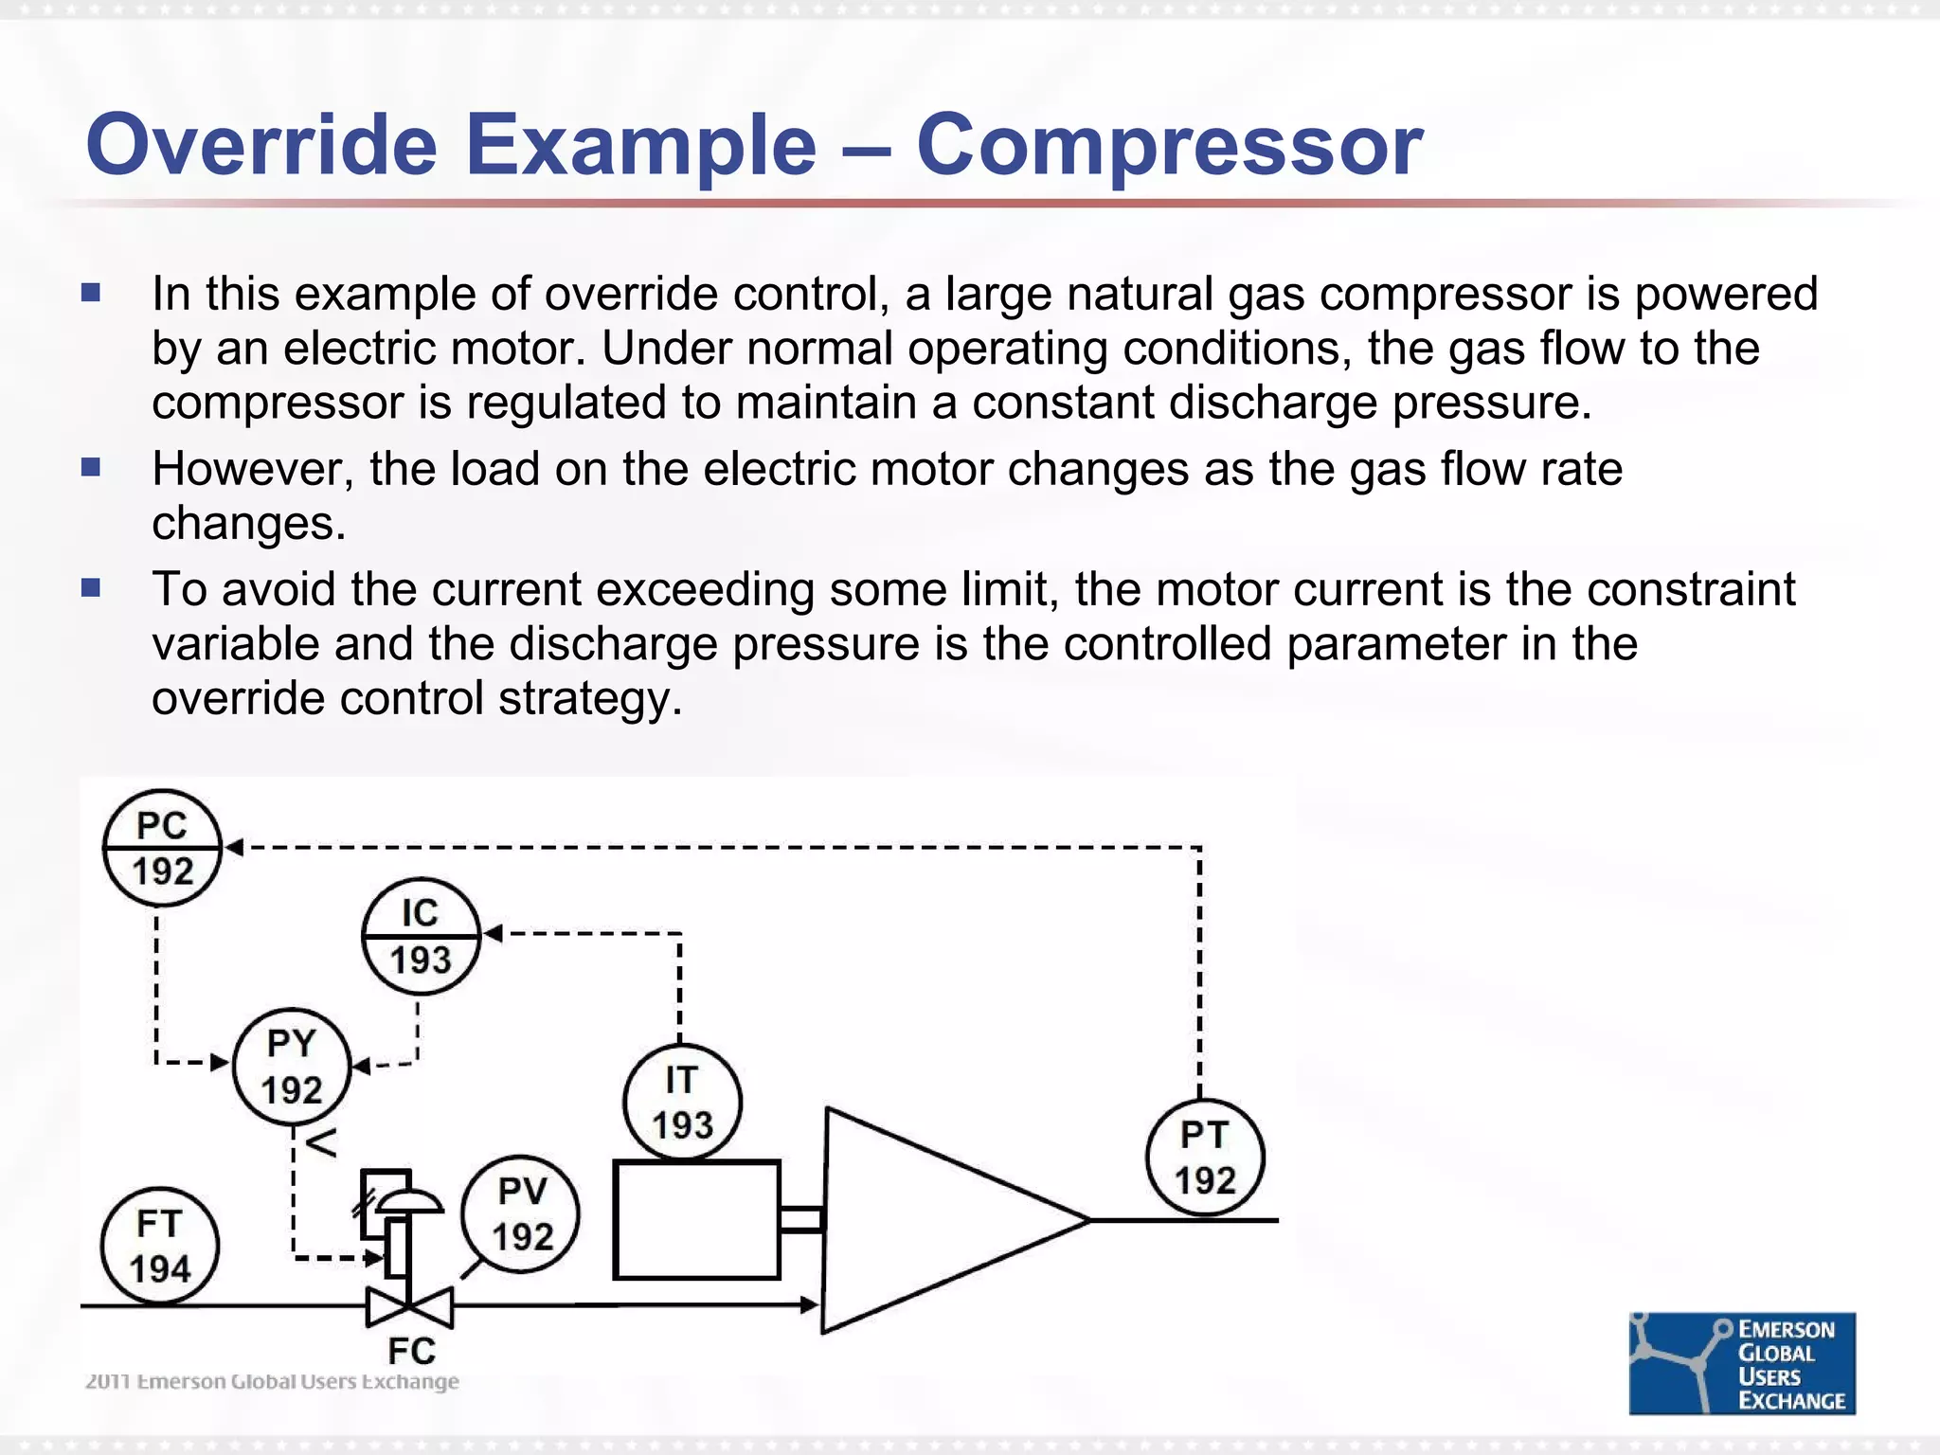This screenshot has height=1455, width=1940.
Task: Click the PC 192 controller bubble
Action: (x=162, y=848)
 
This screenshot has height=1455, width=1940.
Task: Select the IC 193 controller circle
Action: (x=421, y=936)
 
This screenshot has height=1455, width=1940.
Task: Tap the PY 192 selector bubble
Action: (x=292, y=1066)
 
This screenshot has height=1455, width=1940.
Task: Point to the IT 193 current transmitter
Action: (x=682, y=1102)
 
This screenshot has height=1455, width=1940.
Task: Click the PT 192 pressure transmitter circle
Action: (x=1205, y=1157)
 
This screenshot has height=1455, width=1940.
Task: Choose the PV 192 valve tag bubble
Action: (x=521, y=1213)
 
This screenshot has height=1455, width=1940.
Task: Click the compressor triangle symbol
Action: (x=928, y=1220)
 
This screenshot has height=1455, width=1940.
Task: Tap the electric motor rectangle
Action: (x=696, y=1220)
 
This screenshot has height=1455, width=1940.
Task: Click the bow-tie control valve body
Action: (x=409, y=1307)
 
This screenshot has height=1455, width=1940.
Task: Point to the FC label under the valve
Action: (x=411, y=1350)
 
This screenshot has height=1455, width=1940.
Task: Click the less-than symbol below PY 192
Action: (x=322, y=1142)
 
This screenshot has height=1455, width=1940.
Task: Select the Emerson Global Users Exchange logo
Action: (x=1741, y=1363)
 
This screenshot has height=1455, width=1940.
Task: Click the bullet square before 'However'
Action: (x=91, y=467)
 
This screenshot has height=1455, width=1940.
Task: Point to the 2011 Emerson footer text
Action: (x=272, y=1381)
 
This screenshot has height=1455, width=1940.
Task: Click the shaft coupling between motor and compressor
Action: (x=801, y=1220)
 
